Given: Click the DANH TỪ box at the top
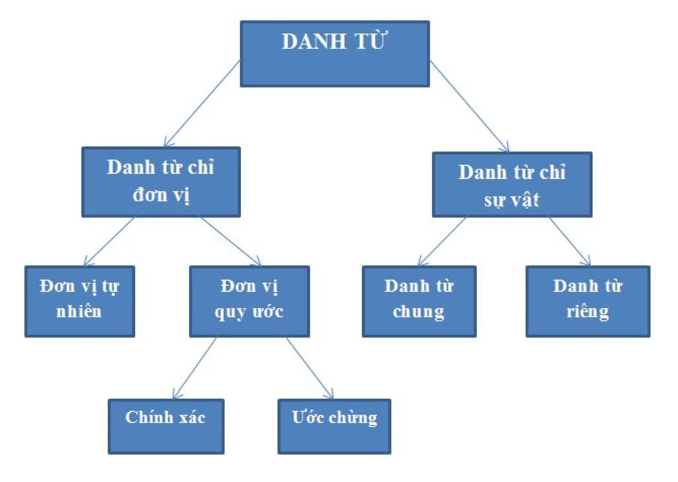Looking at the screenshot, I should (x=334, y=54).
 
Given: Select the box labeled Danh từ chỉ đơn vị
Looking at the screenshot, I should (x=161, y=182).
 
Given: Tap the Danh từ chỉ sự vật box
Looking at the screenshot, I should (x=512, y=185).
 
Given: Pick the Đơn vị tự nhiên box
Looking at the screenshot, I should (x=79, y=301).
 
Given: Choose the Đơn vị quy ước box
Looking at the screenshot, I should (x=249, y=301).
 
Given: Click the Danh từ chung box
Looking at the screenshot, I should (x=418, y=301).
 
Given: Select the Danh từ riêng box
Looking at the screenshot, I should (x=587, y=301).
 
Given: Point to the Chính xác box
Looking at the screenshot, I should (x=166, y=426).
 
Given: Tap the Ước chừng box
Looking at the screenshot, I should (x=334, y=426).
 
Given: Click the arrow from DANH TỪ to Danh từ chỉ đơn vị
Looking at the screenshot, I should (x=202, y=103).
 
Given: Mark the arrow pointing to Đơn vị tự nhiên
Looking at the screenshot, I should (x=109, y=241).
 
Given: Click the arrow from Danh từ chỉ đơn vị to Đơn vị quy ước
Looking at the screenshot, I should (x=232, y=241).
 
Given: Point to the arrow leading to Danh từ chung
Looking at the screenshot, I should (x=442, y=241).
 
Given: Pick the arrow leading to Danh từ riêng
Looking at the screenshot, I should (x=569, y=241).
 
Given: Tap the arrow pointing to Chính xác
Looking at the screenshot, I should (x=195, y=368).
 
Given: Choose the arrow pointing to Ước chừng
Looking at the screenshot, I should (x=310, y=368).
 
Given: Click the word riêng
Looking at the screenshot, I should (x=587, y=312).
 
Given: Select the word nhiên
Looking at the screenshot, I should (x=79, y=311).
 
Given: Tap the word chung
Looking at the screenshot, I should (x=418, y=312).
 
